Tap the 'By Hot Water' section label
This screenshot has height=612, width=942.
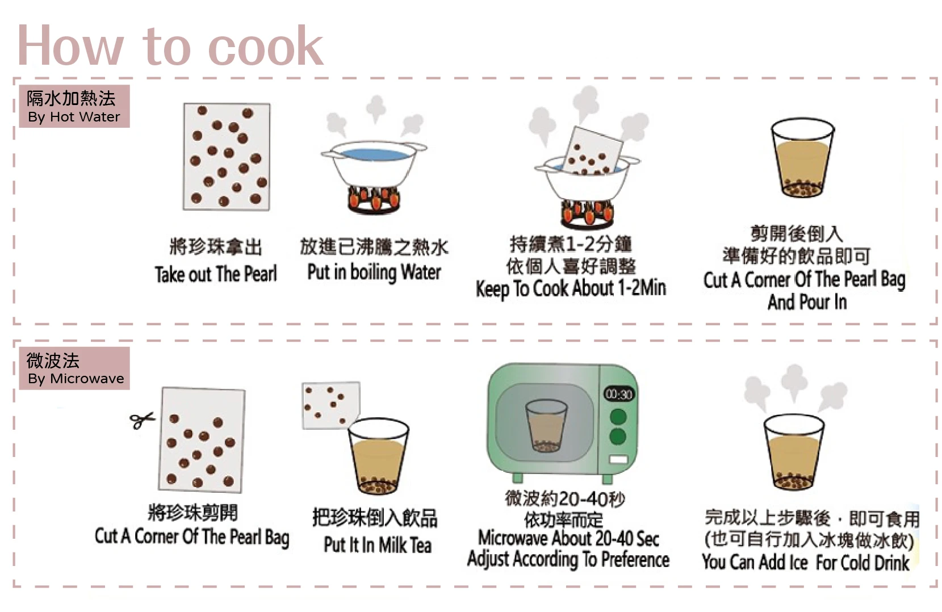pos(74,106)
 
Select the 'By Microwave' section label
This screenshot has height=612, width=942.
pos(74,368)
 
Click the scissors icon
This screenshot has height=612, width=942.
pos(142,420)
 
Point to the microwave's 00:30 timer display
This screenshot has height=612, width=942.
pos(618,394)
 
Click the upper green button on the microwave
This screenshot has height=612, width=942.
pos(618,417)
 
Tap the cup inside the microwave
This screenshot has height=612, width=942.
pos(546,426)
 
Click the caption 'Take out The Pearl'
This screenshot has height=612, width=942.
pos(216,274)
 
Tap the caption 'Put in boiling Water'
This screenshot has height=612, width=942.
pos(374,273)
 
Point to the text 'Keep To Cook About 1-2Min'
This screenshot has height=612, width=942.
pos(571,288)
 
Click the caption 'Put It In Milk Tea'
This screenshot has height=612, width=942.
pos(378,545)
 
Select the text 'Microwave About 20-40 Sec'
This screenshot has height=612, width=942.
pos(568,538)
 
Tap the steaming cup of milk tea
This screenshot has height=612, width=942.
pos(793,451)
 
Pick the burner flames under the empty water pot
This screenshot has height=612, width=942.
pos(373,199)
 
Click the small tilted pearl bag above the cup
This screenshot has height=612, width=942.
pos(331,404)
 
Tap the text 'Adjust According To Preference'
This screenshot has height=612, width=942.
pos(568,560)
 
